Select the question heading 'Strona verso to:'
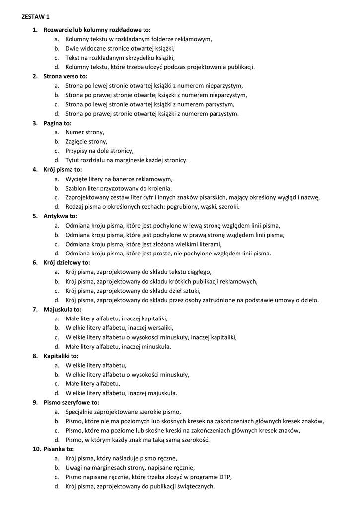point(65,76)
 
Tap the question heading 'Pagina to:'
point(57,123)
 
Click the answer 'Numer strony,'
point(85,132)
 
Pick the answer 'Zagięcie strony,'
point(86,141)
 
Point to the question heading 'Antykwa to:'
point(60,216)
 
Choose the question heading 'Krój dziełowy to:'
point(67,262)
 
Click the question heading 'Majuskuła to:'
point(62,309)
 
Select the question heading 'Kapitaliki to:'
point(61,356)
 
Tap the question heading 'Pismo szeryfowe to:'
point(71,402)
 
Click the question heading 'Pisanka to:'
point(59,449)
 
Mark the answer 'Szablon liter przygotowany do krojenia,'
point(119,188)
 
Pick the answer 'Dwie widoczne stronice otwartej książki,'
point(120,49)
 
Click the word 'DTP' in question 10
point(225,477)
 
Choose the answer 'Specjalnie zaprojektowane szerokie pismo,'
point(123,412)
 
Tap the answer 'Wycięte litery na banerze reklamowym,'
point(119,179)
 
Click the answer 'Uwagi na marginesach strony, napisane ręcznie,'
point(130,467)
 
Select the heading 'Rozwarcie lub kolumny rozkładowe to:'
point(97,30)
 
